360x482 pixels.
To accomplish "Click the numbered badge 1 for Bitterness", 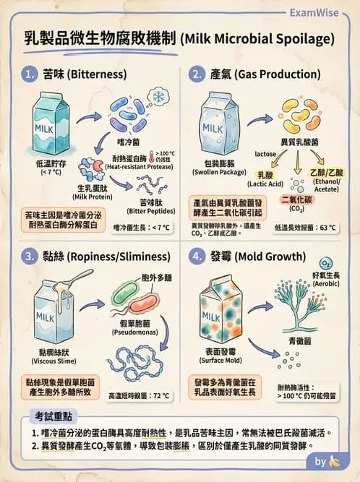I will click(30, 74).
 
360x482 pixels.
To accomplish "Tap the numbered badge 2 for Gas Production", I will click(196, 74).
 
